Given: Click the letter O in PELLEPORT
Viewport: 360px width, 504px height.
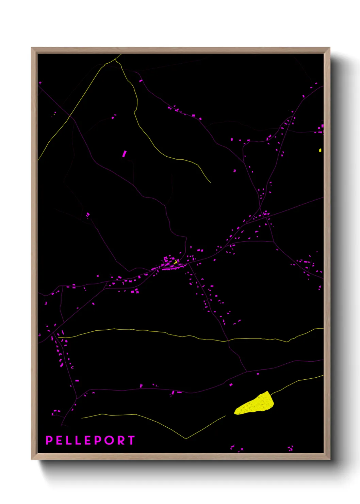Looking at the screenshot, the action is tap(111, 440).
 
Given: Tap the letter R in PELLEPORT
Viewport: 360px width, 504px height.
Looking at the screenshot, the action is tap(121, 440).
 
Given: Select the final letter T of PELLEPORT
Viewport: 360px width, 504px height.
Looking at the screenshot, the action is tap(131, 440).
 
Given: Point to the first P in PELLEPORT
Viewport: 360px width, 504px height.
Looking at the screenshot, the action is tap(49, 440).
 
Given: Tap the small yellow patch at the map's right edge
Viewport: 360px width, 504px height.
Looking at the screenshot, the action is tap(320, 150).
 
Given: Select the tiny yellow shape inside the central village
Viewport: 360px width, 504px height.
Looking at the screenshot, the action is tap(175, 262).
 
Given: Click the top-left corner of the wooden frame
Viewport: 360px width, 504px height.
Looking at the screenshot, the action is tap(32, 48).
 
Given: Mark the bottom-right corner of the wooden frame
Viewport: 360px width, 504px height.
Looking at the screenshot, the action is tap(329, 459).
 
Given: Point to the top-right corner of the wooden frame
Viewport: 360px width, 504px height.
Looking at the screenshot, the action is tap(329, 48).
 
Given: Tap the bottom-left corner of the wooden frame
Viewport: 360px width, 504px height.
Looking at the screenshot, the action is tap(32, 459).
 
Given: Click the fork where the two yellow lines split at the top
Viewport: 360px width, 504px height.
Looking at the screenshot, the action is tap(115, 59).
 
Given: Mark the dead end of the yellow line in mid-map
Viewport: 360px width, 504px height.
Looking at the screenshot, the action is tap(210, 183).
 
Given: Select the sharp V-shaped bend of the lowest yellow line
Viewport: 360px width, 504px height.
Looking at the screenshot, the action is tap(186, 439).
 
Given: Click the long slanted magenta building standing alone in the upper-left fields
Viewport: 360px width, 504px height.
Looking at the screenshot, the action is tap(124, 154).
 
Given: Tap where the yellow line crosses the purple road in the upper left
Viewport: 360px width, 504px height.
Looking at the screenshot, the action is tap(69, 116).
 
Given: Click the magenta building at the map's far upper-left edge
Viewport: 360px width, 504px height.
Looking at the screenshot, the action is tap(40, 83).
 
